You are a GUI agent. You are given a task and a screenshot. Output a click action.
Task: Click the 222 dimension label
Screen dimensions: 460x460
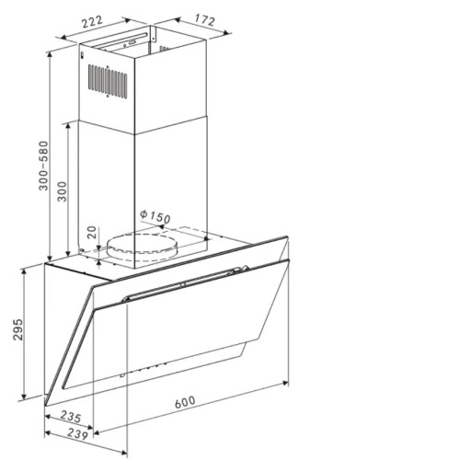pos(91,21)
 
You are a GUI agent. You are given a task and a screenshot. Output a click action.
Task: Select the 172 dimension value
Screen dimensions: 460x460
pos(204,20)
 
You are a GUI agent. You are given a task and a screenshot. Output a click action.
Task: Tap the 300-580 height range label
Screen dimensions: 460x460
pos(44,166)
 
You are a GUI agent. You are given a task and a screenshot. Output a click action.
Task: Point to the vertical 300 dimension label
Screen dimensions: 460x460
pos(63,191)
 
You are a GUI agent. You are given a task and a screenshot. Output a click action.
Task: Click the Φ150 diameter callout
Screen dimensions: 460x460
pos(155,217)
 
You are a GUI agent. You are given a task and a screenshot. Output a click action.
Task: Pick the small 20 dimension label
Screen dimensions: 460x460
pos(91,232)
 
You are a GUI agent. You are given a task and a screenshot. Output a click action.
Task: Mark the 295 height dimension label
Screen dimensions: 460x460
pos(18,329)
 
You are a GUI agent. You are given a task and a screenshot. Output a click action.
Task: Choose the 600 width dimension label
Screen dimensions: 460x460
pos(185,402)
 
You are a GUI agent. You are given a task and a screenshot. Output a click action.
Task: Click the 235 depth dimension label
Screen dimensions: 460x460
pos(71,416)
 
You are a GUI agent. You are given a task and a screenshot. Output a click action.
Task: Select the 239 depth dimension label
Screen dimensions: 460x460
pos(77,434)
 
